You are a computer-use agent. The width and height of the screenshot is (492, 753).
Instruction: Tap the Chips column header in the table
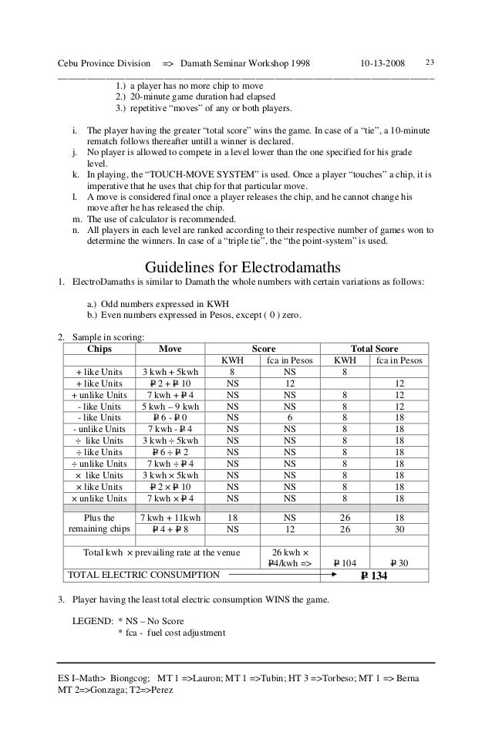(x=97, y=349)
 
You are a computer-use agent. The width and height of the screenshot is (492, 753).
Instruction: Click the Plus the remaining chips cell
(x=97, y=525)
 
